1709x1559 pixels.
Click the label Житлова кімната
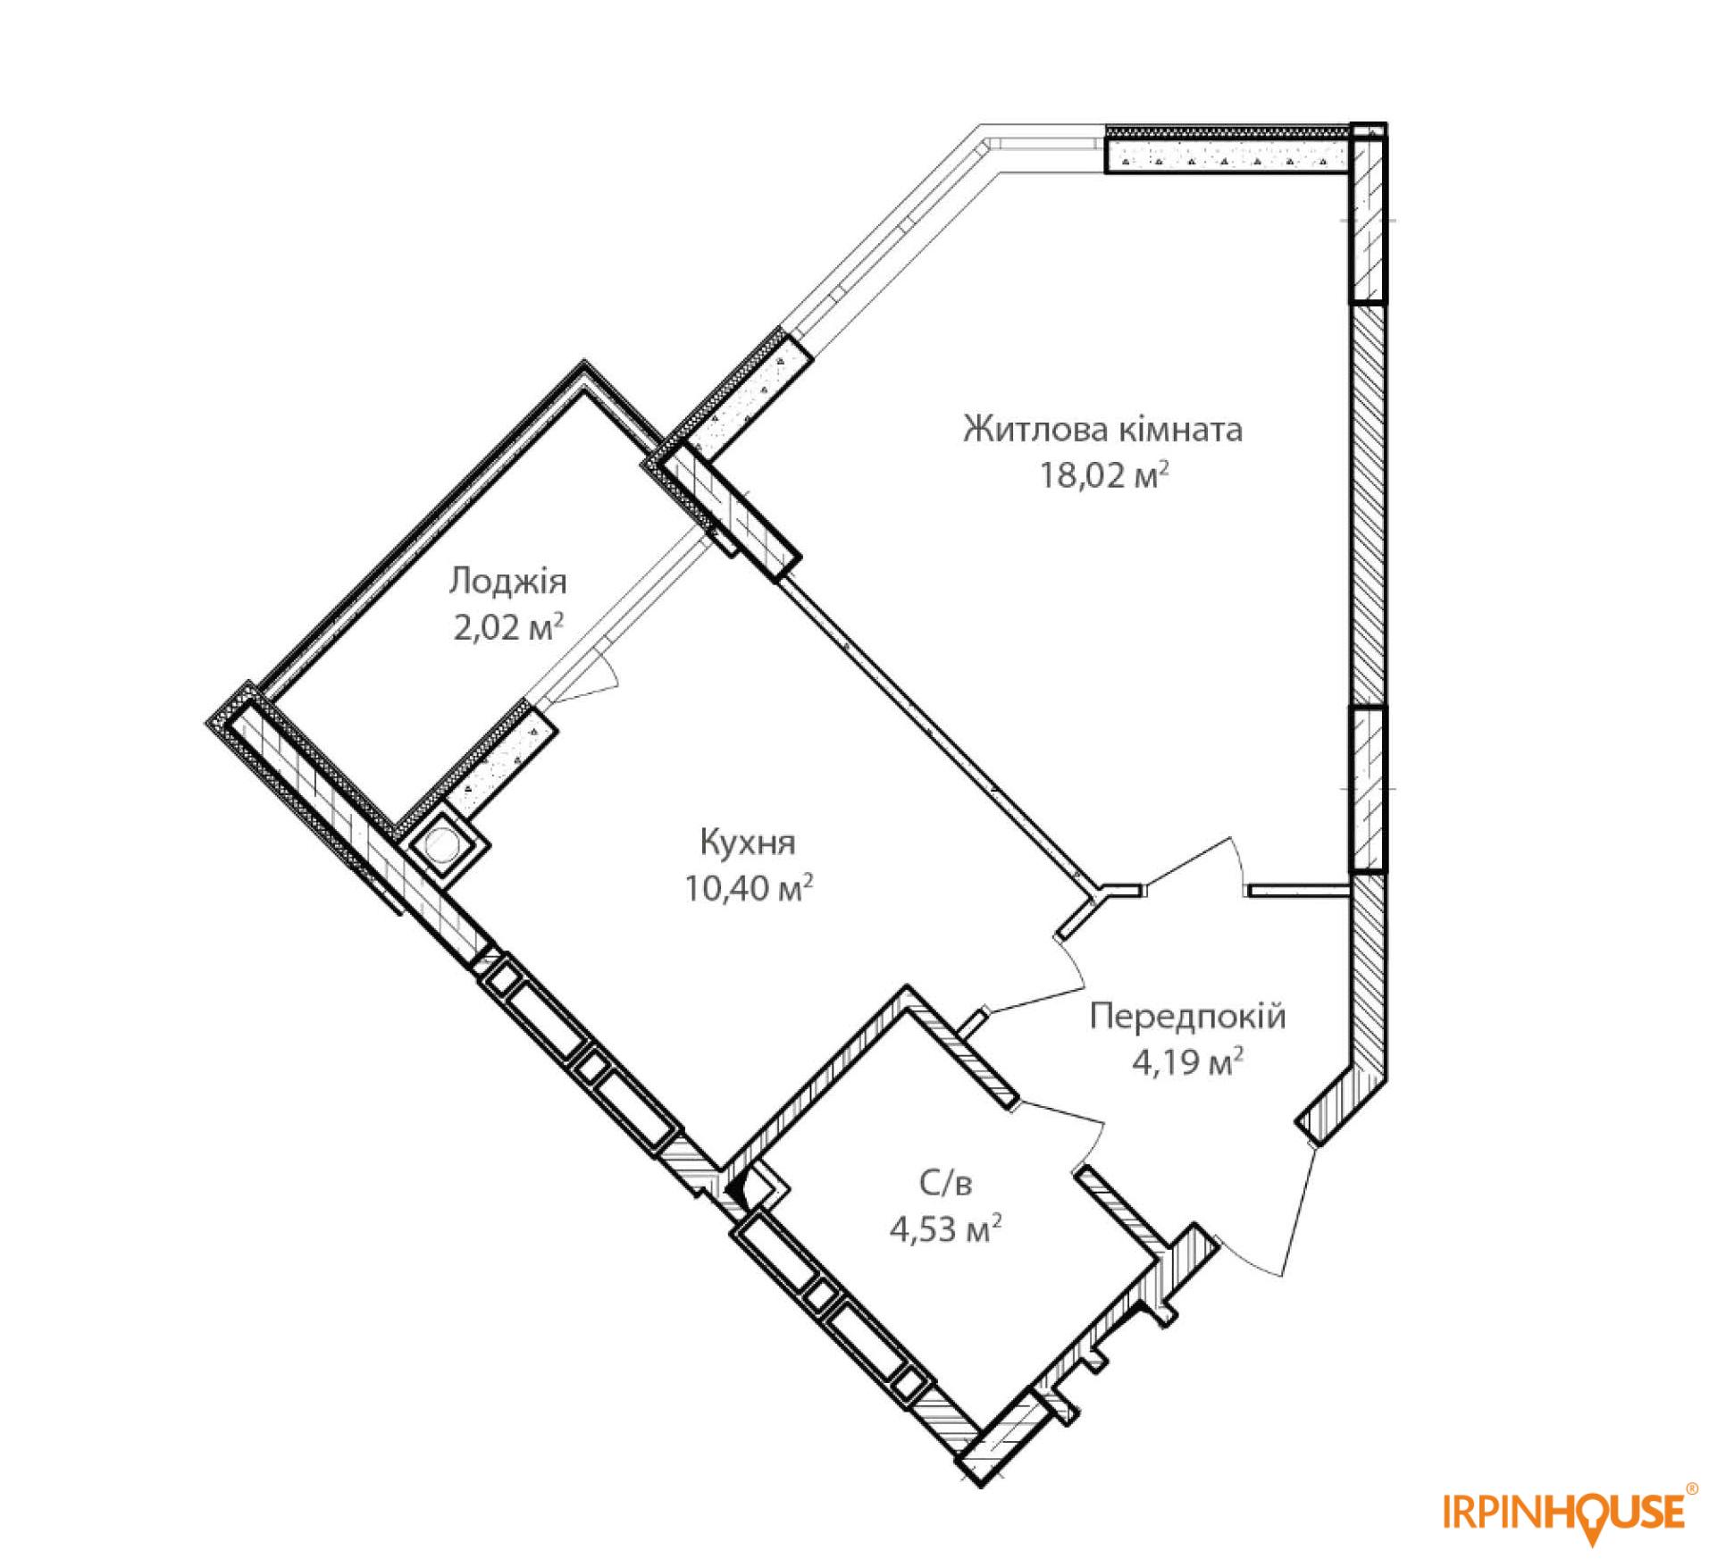click(x=1102, y=431)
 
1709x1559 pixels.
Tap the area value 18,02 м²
click(x=1103, y=475)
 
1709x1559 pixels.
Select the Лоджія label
click(x=507, y=582)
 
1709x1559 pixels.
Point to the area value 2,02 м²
click(x=507, y=627)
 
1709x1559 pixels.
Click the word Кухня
click(x=748, y=842)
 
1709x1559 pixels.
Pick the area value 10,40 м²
click(x=749, y=888)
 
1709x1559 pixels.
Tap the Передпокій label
click(x=1188, y=1017)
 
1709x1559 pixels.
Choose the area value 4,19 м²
click(x=1188, y=1063)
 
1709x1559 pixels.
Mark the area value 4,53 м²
click(x=944, y=1231)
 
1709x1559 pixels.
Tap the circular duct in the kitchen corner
click(x=443, y=845)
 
